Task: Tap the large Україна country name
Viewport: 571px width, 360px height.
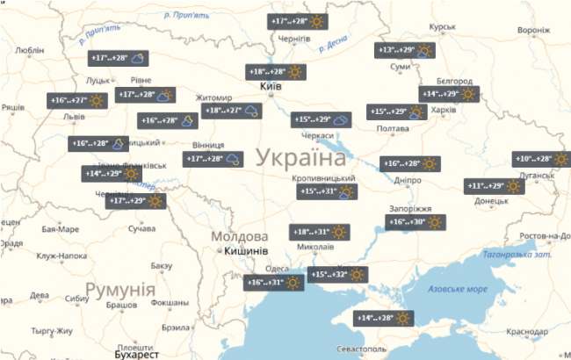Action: tap(301, 159)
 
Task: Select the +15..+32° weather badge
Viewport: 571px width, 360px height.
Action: tap(337, 275)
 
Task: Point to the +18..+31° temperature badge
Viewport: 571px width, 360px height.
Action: tap(321, 232)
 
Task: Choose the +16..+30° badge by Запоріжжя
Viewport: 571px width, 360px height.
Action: tap(416, 222)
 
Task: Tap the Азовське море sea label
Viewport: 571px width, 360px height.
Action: tap(456, 289)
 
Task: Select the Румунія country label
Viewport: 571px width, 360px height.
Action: tap(120, 290)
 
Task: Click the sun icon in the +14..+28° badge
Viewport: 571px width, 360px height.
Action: tap(403, 318)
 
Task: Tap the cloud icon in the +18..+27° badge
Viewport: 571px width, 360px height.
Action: tap(251, 111)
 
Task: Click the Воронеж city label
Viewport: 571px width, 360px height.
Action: tap(533, 29)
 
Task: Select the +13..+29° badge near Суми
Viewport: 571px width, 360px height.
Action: tap(405, 50)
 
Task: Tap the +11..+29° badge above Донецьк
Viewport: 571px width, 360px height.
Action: tap(495, 185)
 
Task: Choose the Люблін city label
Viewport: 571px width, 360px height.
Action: tap(30, 50)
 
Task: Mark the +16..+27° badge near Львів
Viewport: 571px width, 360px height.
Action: tap(76, 100)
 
